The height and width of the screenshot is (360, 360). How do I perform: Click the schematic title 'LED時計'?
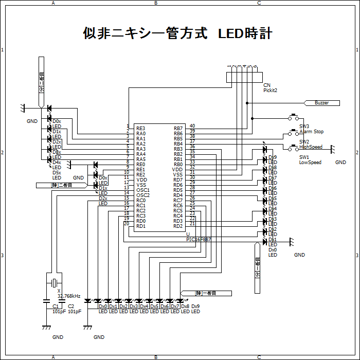pyautogui.click(x=245, y=34)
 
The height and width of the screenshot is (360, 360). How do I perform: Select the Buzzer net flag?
pyautogui.click(x=322, y=103)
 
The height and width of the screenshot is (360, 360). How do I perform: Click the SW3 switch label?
pyautogui.click(x=304, y=126)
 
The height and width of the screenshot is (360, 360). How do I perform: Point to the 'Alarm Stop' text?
pyautogui.click(x=312, y=132)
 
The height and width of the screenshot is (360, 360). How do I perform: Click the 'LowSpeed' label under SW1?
pyautogui.click(x=310, y=163)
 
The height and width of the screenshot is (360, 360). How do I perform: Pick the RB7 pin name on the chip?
pyautogui.click(x=178, y=128)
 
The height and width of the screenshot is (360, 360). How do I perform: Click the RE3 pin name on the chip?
pyautogui.click(x=141, y=128)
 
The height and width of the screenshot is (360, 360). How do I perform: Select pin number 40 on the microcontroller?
pyautogui.click(x=192, y=126)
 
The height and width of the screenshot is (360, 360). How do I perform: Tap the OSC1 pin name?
pyautogui.click(x=143, y=190)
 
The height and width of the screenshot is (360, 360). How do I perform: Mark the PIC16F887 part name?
pyautogui.click(x=199, y=240)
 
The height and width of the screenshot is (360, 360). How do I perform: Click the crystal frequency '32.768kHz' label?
pyautogui.click(x=69, y=296)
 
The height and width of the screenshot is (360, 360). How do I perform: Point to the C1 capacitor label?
pyautogui.click(x=56, y=306)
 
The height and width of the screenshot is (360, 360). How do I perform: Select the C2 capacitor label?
pyautogui.click(x=71, y=306)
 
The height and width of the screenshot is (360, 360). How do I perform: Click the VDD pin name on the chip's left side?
pyautogui.click(x=141, y=180)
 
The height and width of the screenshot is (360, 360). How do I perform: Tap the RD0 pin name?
pyautogui.click(x=141, y=221)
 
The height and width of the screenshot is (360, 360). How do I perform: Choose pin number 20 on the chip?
pyautogui.click(x=127, y=223)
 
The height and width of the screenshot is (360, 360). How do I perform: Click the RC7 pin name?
pyautogui.click(x=178, y=201)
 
